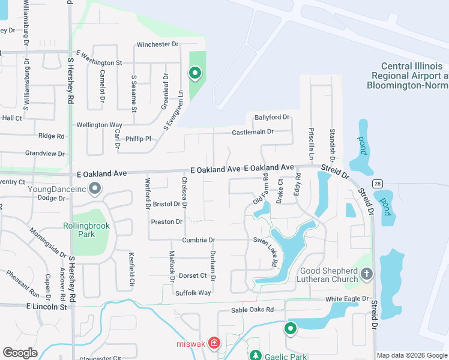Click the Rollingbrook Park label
(79, 230)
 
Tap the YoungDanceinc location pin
(95, 190)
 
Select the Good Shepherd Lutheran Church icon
(367, 274)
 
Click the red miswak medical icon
(214, 344)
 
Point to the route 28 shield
(377, 183)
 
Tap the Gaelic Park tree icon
(255, 356)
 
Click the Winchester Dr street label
(158, 44)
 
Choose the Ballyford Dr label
(272, 117)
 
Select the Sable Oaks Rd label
(253, 310)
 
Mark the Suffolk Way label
(193, 293)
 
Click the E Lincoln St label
(46, 306)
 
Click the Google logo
(20, 353)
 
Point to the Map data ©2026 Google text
(411, 355)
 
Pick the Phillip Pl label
(139, 139)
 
